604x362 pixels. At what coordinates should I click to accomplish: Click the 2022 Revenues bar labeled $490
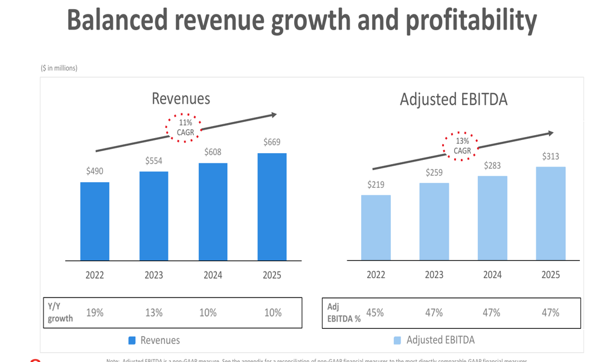(95, 221)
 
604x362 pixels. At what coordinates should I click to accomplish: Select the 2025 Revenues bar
(272, 207)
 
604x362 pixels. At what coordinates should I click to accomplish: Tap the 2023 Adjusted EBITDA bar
(434, 221)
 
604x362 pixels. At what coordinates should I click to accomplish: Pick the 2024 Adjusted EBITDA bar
(492, 218)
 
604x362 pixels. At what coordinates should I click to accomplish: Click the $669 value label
(272, 142)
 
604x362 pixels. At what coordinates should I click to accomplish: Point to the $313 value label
(550, 156)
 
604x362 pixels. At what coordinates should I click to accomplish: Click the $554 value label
(153, 161)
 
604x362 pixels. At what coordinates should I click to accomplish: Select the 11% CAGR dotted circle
(184, 127)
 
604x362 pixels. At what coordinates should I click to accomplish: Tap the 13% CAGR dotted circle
(462, 146)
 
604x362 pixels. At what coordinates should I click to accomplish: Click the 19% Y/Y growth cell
(95, 313)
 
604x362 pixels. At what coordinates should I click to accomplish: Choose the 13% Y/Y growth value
(153, 313)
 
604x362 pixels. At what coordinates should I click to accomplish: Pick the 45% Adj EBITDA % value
(375, 313)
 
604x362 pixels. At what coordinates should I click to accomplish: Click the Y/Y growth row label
(60, 313)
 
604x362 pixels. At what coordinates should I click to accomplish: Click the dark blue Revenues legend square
(132, 340)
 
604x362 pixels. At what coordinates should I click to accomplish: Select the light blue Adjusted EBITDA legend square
(397, 340)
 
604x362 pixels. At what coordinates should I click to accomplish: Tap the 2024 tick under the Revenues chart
(213, 275)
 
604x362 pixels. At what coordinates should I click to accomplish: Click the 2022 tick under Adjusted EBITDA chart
(376, 275)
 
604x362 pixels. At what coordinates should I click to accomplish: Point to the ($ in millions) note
(59, 68)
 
